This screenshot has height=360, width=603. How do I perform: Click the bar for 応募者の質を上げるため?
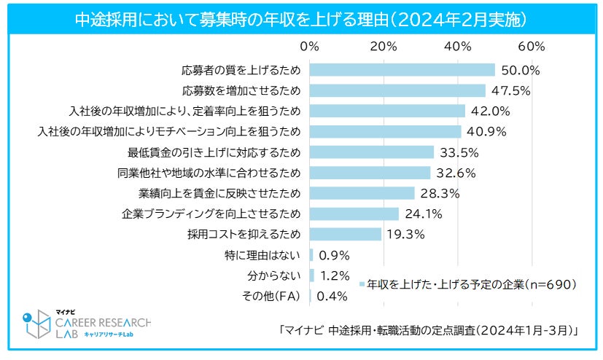click(x=402, y=70)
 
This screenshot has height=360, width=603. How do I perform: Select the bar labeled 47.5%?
click(x=397, y=90)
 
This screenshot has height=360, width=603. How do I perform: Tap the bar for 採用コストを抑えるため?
click(x=346, y=234)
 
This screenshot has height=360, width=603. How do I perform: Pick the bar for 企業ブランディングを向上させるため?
click(x=354, y=214)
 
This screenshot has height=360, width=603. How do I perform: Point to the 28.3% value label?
click(x=438, y=193)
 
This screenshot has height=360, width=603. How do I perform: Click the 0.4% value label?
click(x=332, y=296)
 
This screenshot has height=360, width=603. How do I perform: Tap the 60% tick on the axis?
click(x=532, y=47)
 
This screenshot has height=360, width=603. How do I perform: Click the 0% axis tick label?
click(x=310, y=47)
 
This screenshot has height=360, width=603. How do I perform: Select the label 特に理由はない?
click(x=262, y=255)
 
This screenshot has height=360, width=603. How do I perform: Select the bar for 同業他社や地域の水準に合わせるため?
click(x=370, y=173)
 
